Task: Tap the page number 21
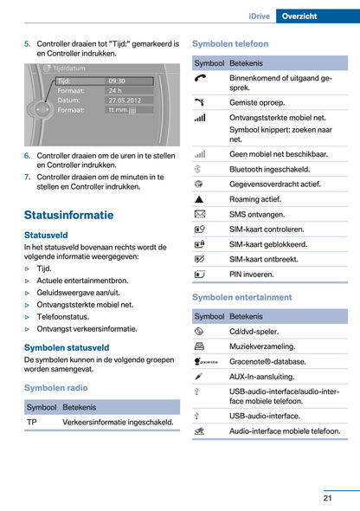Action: [x=328, y=497]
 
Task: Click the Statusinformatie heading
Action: [x=68, y=215]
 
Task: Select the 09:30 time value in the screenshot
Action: [x=117, y=81]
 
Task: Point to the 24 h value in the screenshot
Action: [x=115, y=90]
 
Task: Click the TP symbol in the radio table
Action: [x=32, y=422]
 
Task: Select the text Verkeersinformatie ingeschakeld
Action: [x=118, y=422]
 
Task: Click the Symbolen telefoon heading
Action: [x=230, y=43]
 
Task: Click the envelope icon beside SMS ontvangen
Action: [x=200, y=213]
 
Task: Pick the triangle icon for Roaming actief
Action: [x=200, y=198]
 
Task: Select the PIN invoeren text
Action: [x=252, y=274]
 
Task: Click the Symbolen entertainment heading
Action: [x=241, y=297]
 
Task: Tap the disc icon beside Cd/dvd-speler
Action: [x=200, y=331]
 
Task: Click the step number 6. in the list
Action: [x=28, y=156]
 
